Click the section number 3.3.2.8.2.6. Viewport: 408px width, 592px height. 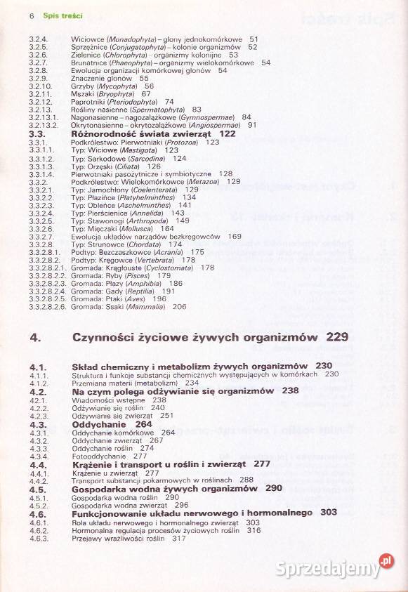pyautogui.click(x=47, y=306)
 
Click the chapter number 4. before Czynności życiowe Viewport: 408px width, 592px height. pyautogui.click(x=34, y=338)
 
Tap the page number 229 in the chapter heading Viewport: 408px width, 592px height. pyautogui.click(x=337, y=338)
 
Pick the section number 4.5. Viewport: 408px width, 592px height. pyautogui.click(x=38, y=488)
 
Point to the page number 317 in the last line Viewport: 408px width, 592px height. pyautogui.click(x=178, y=539)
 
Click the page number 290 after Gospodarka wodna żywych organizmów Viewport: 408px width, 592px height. pyautogui.click(x=274, y=488)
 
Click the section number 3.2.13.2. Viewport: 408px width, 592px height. pyautogui.click(x=41, y=125)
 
